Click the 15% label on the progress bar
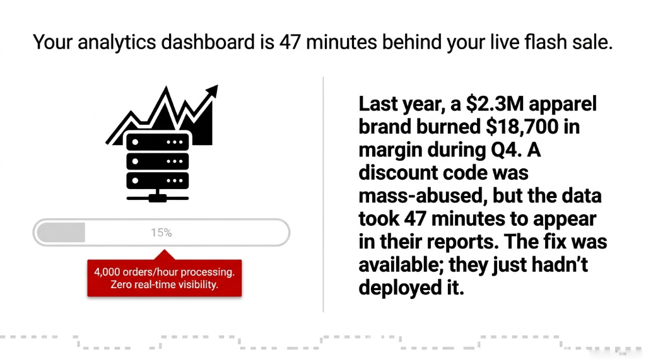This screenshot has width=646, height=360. (x=161, y=233)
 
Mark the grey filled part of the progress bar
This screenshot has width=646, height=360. (x=61, y=233)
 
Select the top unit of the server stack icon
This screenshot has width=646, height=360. (x=157, y=142)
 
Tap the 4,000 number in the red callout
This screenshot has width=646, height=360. (x=109, y=272)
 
